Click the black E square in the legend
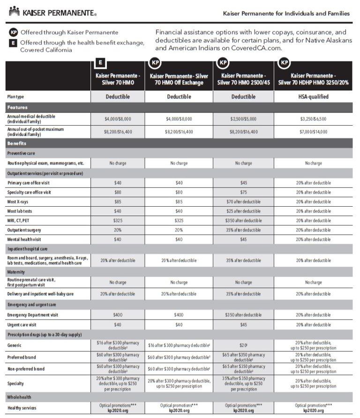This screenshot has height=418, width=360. click(13, 43)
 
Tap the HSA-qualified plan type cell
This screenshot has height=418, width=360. click(313, 97)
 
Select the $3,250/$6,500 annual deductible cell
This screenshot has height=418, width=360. click(313, 119)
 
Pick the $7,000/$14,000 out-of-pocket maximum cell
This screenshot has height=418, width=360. click(313, 132)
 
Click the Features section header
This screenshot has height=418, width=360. click(17, 107)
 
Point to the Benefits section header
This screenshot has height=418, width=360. click(17, 143)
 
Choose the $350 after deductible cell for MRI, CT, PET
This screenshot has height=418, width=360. click(243, 221)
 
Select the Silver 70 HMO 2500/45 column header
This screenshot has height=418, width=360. click(243, 79)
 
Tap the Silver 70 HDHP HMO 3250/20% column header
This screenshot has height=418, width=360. click(313, 79)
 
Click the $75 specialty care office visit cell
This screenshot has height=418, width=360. click(243, 192)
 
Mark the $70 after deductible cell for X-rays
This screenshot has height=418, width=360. click(243, 202)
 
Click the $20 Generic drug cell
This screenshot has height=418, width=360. click(243, 345)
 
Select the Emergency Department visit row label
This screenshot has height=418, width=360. click(33, 315)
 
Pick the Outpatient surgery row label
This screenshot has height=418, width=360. click(24, 230)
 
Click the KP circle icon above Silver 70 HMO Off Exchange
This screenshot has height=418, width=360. click(155, 62)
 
